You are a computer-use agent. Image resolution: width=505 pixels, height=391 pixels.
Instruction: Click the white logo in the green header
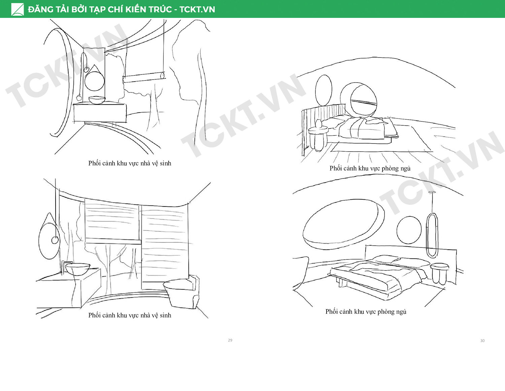(x=18, y=9)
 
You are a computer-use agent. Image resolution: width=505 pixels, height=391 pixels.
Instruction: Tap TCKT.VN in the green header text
(x=197, y=9)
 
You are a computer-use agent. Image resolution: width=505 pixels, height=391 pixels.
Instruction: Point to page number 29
(x=230, y=340)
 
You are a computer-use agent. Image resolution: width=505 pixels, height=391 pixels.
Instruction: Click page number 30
(x=482, y=341)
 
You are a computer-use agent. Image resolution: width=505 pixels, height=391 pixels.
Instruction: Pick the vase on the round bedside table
(x=318, y=124)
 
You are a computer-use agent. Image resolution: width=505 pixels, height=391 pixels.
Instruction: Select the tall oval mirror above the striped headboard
(x=324, y=90)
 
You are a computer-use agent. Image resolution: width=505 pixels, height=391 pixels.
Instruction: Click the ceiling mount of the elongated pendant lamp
(x=432, y=192)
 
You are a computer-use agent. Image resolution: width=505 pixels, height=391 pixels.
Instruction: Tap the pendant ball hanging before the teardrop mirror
(x=55, y=240)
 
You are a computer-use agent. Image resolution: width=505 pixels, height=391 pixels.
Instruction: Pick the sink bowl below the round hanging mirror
(x=97, y=100)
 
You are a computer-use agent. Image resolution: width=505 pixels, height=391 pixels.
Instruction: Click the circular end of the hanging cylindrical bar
(x=163, y=76)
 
